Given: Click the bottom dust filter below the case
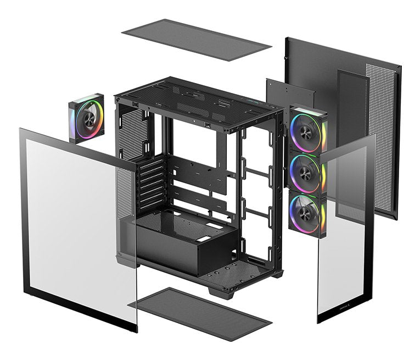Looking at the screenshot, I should (x=200, y=314).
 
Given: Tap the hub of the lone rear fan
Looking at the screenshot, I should (x=87, y=118).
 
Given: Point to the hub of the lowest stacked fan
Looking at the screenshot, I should (x=305, y=212).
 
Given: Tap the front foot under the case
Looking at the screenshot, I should (x=221, y=292).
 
